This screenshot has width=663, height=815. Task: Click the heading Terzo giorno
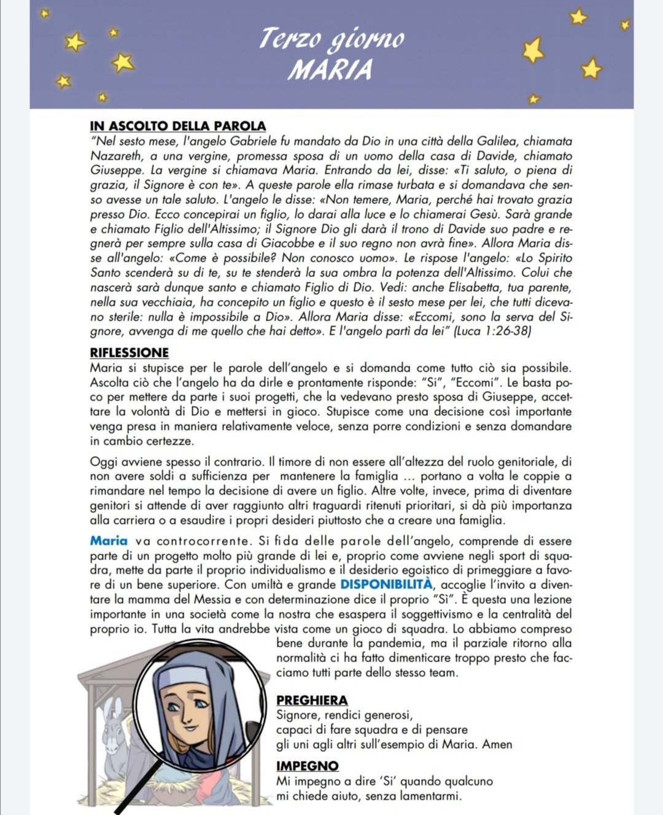(331, 38)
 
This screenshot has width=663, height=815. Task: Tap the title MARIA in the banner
(331, 69)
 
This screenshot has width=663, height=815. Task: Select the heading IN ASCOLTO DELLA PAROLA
(178, 126)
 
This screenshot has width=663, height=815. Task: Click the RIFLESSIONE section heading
(129, 353)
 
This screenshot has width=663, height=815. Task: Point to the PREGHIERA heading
(312, 700)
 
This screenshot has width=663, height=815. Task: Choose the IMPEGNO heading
(307, 766)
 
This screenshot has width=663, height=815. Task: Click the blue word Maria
(109, 541)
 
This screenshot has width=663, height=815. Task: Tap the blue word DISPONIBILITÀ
(386, 585)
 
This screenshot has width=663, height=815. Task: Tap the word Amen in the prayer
(497, 744)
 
